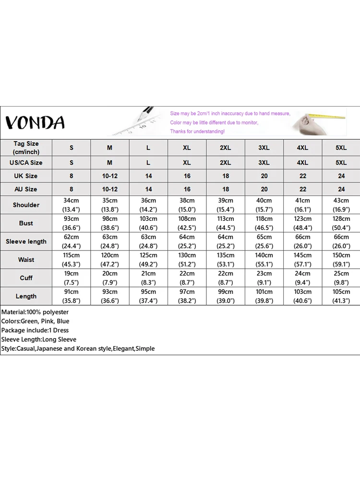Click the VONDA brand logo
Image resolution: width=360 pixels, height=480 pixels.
point(35,122)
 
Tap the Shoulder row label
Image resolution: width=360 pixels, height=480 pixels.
point(26,205)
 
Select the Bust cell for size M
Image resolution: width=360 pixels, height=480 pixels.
point(110,223)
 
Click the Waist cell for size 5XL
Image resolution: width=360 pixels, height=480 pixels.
point(341,260)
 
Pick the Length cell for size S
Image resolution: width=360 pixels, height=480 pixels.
point(72,296)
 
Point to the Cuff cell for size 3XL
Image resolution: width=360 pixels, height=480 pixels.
point(264,278)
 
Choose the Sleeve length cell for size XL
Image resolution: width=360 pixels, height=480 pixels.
point(187,241)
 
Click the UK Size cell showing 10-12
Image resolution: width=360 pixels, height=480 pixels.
point(110,176)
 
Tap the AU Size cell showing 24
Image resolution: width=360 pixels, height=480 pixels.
point(341,189)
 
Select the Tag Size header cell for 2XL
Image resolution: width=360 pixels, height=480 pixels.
point(226,148)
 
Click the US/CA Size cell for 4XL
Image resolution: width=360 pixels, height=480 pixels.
point(302,163)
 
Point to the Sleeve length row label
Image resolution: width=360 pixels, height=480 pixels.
point(26,241)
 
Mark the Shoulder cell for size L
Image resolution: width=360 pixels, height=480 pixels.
point(148,205)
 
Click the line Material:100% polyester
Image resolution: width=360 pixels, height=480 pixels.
point(35,312)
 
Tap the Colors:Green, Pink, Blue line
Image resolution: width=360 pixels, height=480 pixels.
point(35,321)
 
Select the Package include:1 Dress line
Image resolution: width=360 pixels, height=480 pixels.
point(35,330)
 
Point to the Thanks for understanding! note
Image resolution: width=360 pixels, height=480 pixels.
point(197,132)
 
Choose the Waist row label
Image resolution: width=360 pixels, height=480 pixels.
point(26,260)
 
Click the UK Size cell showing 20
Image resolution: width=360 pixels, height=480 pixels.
point(264,176)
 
